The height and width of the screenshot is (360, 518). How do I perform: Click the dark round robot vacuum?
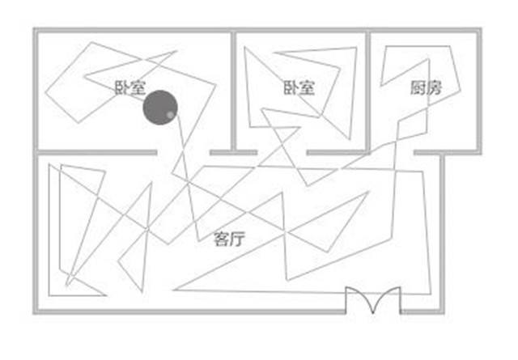160,108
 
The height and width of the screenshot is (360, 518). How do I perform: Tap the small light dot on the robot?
170,115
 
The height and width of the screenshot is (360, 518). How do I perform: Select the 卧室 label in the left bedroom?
129,88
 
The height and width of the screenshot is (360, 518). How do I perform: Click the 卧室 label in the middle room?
299,88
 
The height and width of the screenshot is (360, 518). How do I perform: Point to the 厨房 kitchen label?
427,88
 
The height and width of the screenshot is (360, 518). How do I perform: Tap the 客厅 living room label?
230,239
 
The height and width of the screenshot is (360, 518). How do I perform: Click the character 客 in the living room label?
221,239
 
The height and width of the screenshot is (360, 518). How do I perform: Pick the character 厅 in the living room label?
238,239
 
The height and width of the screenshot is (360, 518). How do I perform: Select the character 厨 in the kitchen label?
418,88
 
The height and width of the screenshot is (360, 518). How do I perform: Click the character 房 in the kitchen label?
435,88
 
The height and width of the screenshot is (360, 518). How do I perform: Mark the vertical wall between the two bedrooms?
233,91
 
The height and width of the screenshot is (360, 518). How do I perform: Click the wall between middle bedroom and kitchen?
368,91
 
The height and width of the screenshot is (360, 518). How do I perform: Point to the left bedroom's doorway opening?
184,153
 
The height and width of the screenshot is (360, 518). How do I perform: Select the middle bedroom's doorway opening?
282,153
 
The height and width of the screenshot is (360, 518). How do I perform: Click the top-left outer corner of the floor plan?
33,28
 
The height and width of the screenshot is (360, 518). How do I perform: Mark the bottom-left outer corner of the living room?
33,313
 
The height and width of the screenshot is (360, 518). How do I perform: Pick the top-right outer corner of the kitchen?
481,28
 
